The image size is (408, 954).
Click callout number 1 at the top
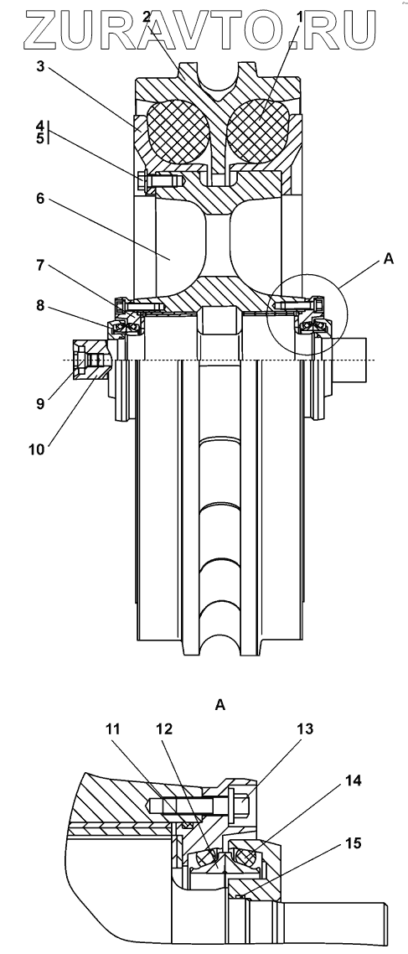coord(300,18)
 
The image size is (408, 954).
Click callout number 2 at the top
coord(147,18)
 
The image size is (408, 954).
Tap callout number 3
coord(40,66)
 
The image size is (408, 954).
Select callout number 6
coord(40,199)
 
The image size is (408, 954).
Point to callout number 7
coord(40,266)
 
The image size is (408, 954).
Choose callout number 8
coord(40,306)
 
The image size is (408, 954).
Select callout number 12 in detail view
coord(164,728)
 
